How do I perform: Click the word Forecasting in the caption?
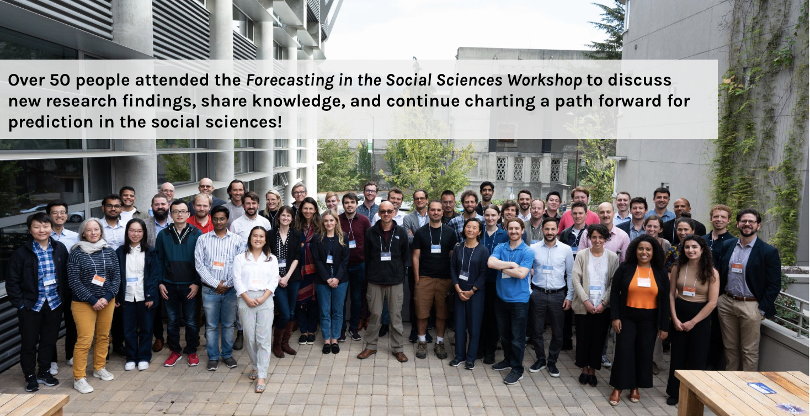(290, 81)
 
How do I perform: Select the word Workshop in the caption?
(545, 81)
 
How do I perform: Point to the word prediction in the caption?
(51, 122)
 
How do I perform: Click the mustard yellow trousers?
(92, 338)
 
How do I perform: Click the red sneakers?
(182, 359)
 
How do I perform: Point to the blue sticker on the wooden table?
(761, 388)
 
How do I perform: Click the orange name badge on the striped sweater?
(98, 280)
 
